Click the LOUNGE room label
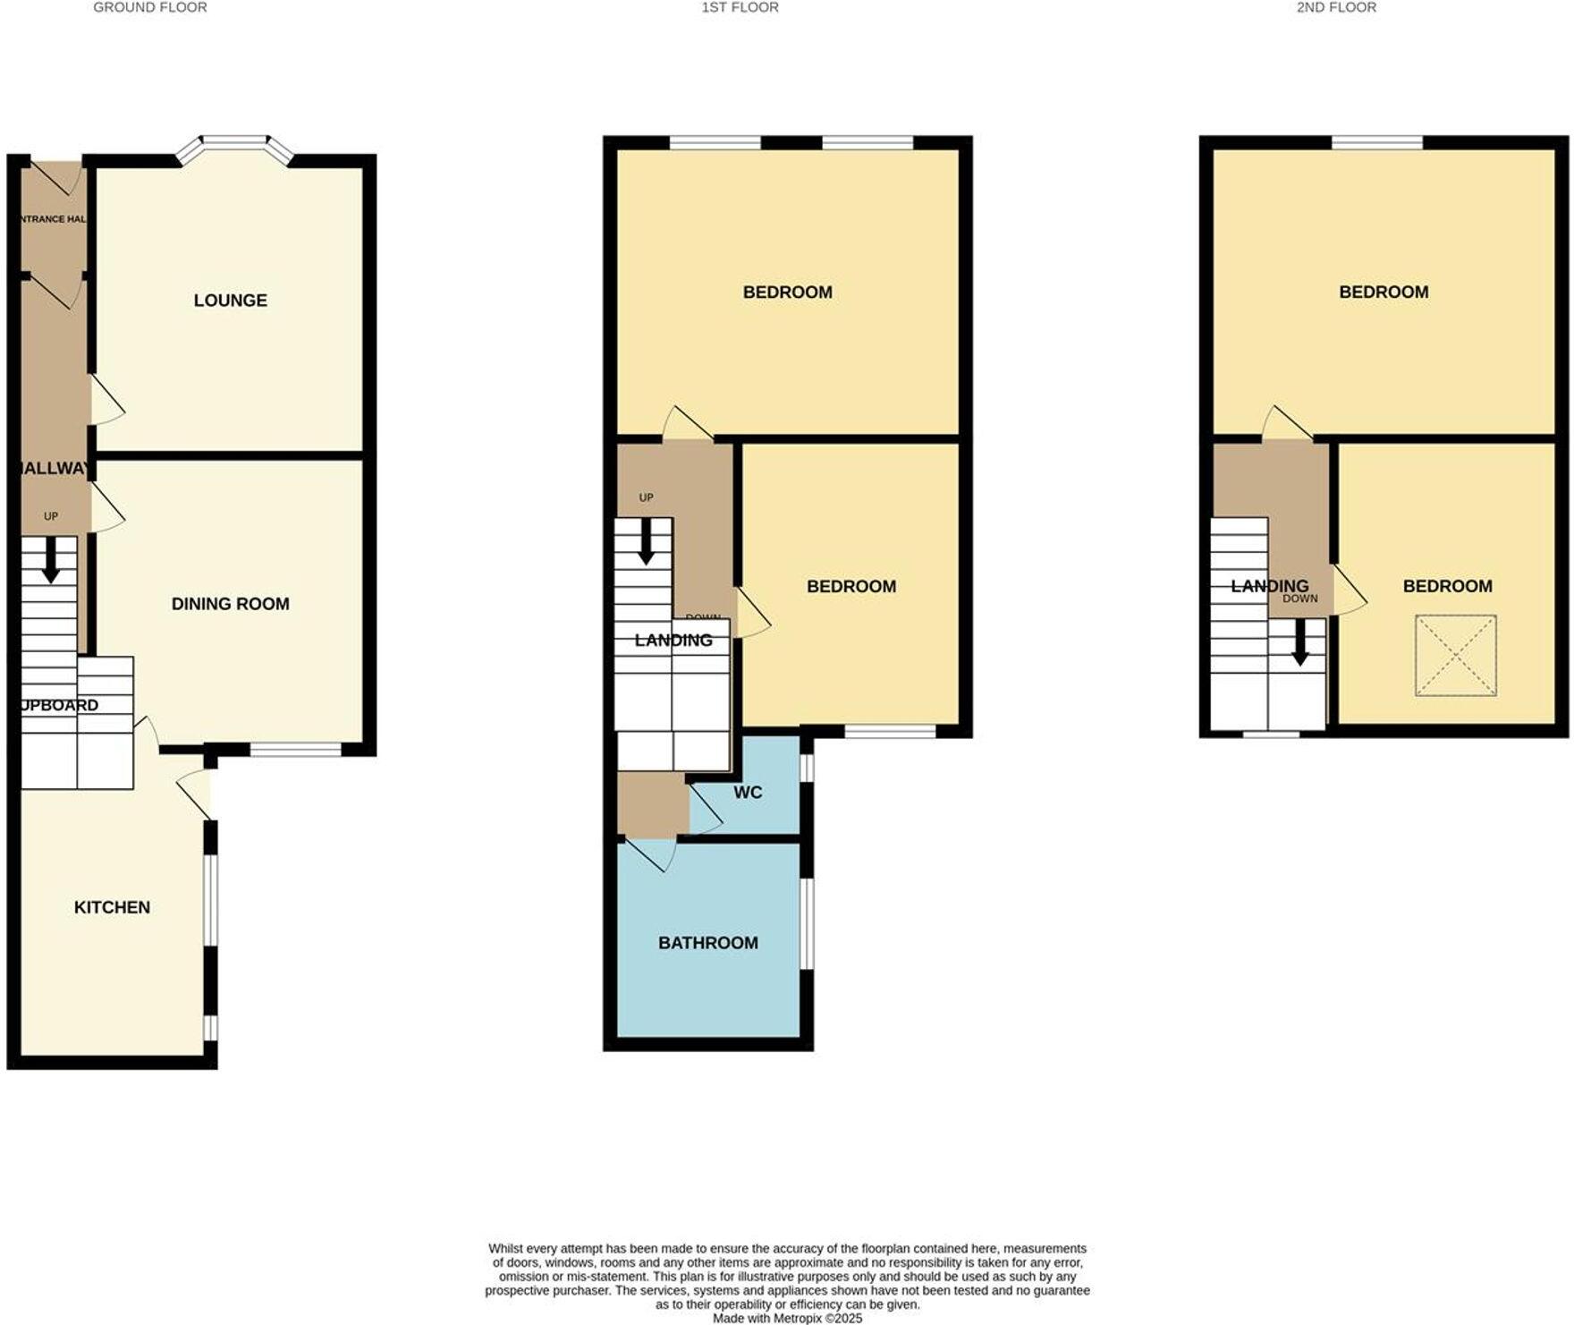(x=230, y=301)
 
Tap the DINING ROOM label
(x=230, y=604)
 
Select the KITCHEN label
(x=112, y=907)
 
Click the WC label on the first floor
(x=748, y=793)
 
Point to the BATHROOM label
(x=707, y=943)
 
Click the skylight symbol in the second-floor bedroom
(x=1455, y=655)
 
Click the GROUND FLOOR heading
(x=150, y=7)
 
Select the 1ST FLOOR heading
(x=740, y=7)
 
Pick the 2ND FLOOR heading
(x=1336, y=7)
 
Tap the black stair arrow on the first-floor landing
(x=644, y=542)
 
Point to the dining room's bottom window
(x=295, y=750)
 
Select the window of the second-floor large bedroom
(x=1377, y=142)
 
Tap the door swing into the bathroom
(x=651, y=854)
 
